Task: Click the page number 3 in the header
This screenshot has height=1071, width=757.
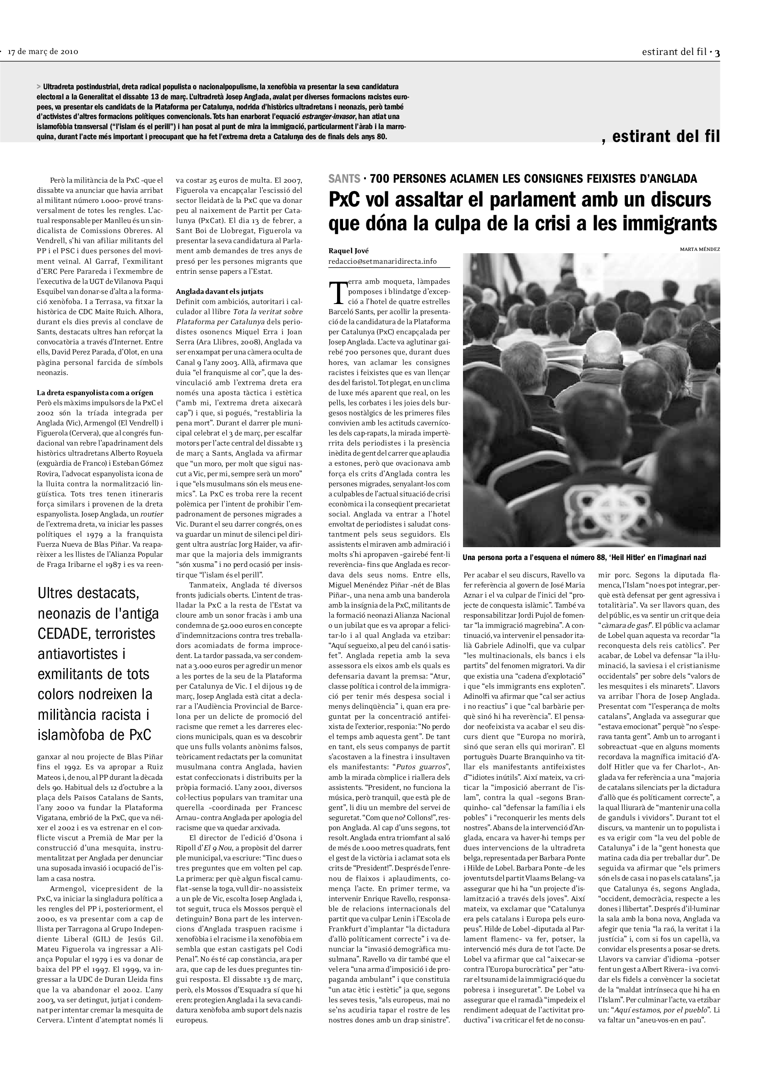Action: [717, 52]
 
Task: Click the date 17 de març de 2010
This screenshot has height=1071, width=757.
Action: [43, 52]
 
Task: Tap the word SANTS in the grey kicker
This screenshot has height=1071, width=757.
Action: [344, 179]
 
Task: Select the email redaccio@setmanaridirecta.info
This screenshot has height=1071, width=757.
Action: [382, 261]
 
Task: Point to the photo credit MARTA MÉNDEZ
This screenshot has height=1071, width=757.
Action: [700, 249]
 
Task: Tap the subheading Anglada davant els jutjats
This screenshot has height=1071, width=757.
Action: [212, 292]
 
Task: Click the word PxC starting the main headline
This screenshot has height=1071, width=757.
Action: [347, 200]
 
